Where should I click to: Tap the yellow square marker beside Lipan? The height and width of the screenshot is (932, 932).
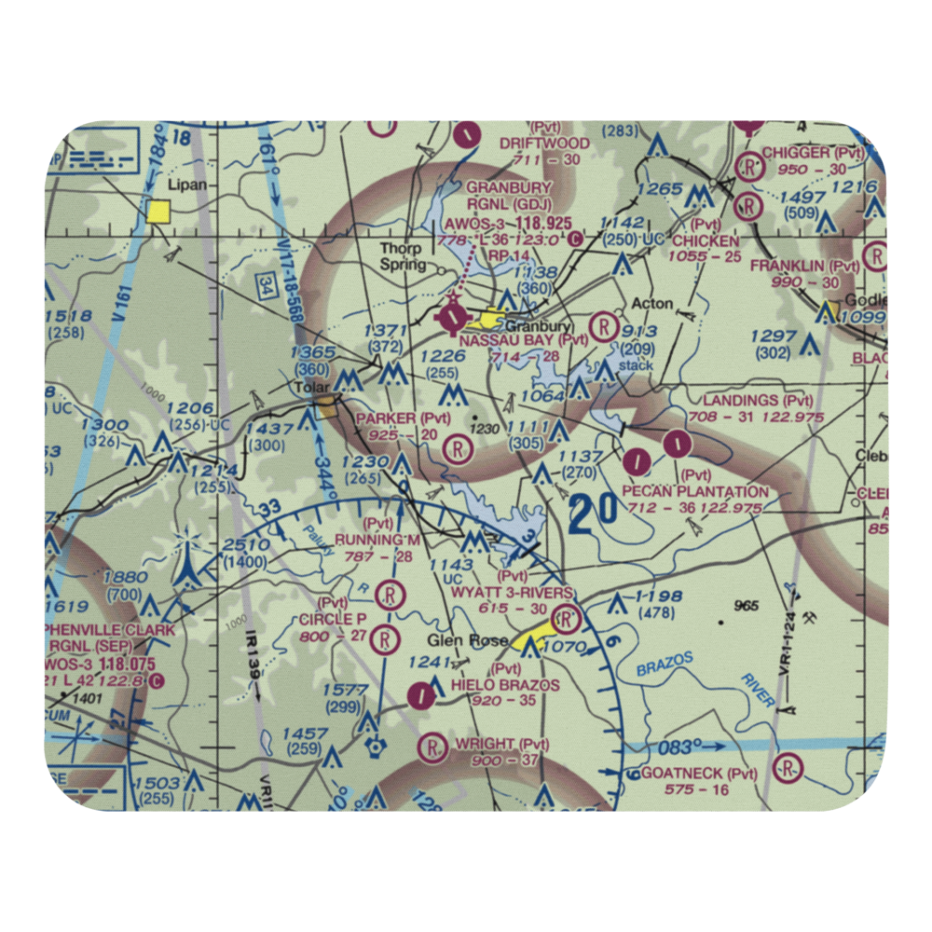tap(158, 212)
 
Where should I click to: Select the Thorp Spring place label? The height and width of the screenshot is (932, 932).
tap(400, 255)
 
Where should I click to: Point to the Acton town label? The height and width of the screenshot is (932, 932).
tap(652, 305)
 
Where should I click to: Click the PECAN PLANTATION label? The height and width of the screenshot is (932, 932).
tap(695, 491)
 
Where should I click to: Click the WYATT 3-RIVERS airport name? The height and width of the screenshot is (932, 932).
tap(512, 593)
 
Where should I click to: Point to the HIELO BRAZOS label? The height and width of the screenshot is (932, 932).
tap(505, 685)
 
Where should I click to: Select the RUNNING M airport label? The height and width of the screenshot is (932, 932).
tap(377, 541)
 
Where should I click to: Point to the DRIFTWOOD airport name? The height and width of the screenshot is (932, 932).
tap(544, 144)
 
